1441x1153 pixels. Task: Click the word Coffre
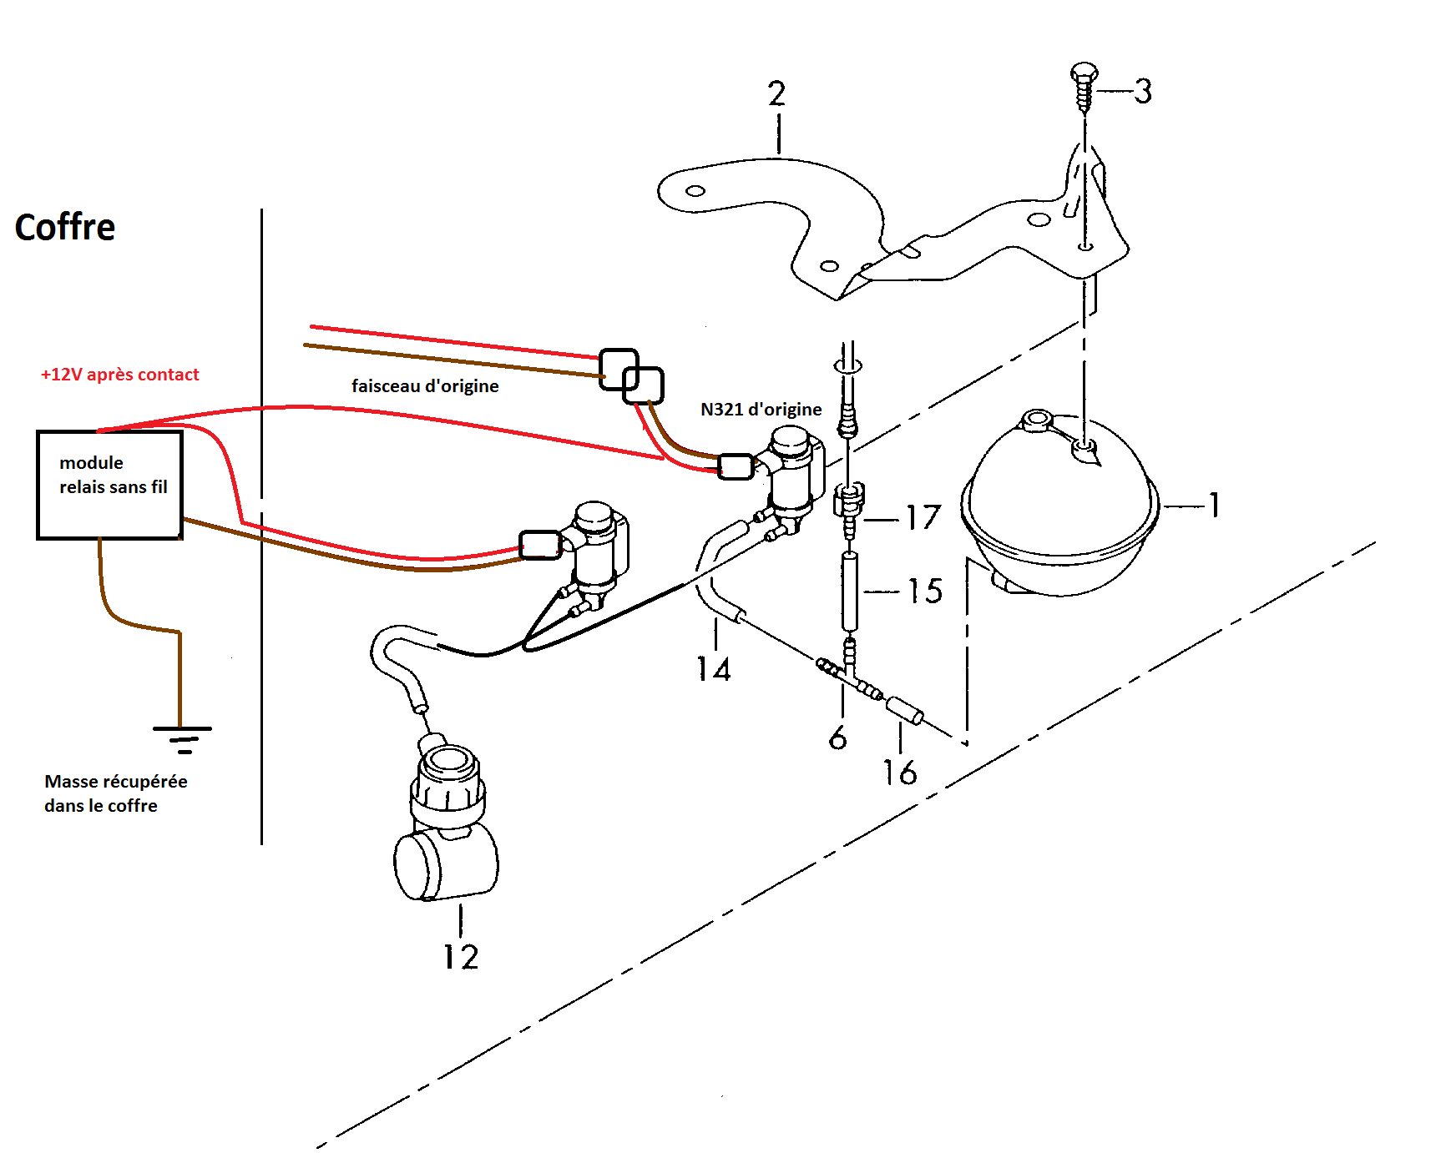point(65,227)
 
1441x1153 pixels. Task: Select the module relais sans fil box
point(109,485)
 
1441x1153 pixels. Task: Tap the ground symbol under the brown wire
point(183,739)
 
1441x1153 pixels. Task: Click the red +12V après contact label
point(120,375)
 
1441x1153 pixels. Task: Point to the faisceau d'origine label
point(425,386)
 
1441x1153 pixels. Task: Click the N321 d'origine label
point(761,410)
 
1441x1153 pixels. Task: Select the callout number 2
point(776,93)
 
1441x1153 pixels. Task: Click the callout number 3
point(1143,91)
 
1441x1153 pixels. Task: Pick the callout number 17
point(923,518)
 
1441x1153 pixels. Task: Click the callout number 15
point(925,592)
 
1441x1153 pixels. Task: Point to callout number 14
point(714,669)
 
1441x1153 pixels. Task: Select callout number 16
point(900,773)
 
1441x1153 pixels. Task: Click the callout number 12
point(461,957)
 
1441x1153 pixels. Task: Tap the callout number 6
point(838,738)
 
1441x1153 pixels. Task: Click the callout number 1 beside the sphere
point(1215,505)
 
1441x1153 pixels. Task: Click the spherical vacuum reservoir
point(1060,509)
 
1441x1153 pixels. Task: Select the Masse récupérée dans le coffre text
point(115,793)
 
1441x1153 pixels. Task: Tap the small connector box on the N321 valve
point(736,466)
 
